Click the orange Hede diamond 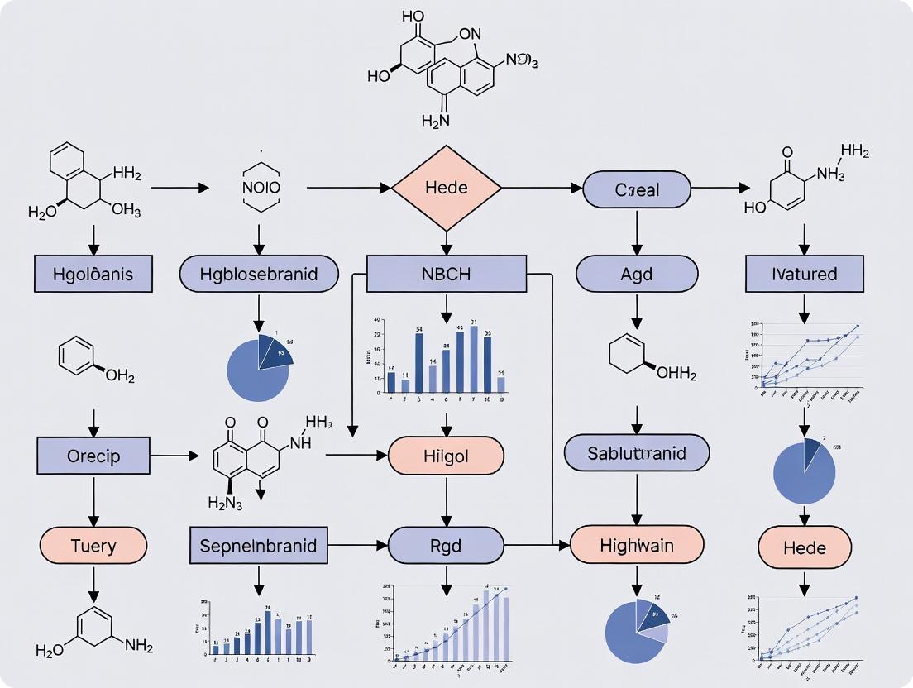[x=447, y=188]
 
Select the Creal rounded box [x=637, y=189]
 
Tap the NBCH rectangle [x=447, y=274]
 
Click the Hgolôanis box [x=93, y=274]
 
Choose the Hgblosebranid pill [x=259, y=274]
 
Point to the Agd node [x=637, y=274]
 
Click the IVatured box [x=804, y=274]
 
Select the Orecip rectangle [x=93, y=456]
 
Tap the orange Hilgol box [x=447, y=456]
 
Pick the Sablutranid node [x=637, y=452]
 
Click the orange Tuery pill [x=93, y=546]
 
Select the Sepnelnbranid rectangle [x=259, y=546]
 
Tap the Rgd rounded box [x=447, y=546]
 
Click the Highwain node [x=637, y=546]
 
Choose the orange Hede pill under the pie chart [x=804, y=548]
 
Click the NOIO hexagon [x=261, y=188]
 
